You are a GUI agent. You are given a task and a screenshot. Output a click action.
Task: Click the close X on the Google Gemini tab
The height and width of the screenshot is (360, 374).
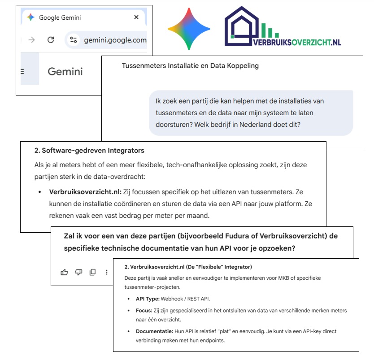136,18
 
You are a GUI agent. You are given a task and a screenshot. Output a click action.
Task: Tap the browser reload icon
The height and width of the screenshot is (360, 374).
51,40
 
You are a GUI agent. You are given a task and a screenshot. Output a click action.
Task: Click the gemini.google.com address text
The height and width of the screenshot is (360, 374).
115,40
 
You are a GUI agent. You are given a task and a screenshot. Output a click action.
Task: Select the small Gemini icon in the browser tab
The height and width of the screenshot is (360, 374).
30,17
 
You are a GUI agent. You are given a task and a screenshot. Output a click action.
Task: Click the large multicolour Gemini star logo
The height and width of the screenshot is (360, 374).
189,29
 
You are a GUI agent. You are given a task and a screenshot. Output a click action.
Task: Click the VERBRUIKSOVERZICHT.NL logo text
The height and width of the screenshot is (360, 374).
297,42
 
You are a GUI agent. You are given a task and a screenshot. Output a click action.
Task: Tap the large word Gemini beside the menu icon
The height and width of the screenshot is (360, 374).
65,71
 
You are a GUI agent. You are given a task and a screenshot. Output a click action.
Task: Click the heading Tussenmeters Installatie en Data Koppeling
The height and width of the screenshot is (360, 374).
190,66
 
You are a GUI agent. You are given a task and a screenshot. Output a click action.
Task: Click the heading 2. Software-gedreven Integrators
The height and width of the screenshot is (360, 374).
89,150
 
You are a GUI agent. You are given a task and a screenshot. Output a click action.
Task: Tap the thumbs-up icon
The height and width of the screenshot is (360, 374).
64,272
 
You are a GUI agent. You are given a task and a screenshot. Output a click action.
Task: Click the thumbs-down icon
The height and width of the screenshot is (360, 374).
78,272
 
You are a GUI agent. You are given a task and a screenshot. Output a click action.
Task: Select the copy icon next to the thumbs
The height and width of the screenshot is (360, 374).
92,272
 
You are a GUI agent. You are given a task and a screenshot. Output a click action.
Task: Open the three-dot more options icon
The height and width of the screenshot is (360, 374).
107,272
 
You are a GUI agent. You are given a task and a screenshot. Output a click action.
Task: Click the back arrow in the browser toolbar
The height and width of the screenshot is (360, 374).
31,40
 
